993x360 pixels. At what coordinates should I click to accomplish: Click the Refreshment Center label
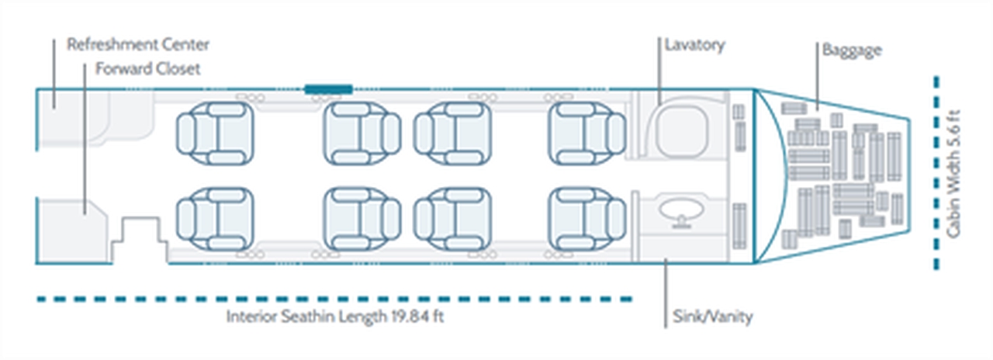tap(138, 44)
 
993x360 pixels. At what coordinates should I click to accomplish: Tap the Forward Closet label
tap(147, 69)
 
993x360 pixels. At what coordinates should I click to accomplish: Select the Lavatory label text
tap(694, 44)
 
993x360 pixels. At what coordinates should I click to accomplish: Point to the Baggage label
tap(852, 51)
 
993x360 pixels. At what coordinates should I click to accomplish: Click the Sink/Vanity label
tap(710, 317)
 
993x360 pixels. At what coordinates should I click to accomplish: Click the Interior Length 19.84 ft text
tap(335, 317)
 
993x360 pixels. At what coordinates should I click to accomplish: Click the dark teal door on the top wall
tap(329, 89)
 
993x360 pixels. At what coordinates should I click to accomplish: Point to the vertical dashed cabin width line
tap(936, 172)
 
